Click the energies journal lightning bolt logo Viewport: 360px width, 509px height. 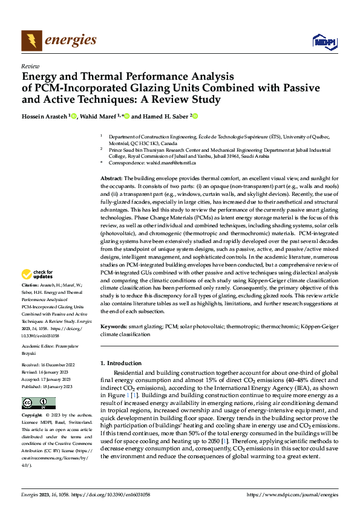(31, 41)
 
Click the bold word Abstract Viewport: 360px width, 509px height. (111, 179)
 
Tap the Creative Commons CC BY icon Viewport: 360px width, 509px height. (38, 403)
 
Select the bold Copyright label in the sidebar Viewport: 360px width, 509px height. (32, 415)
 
